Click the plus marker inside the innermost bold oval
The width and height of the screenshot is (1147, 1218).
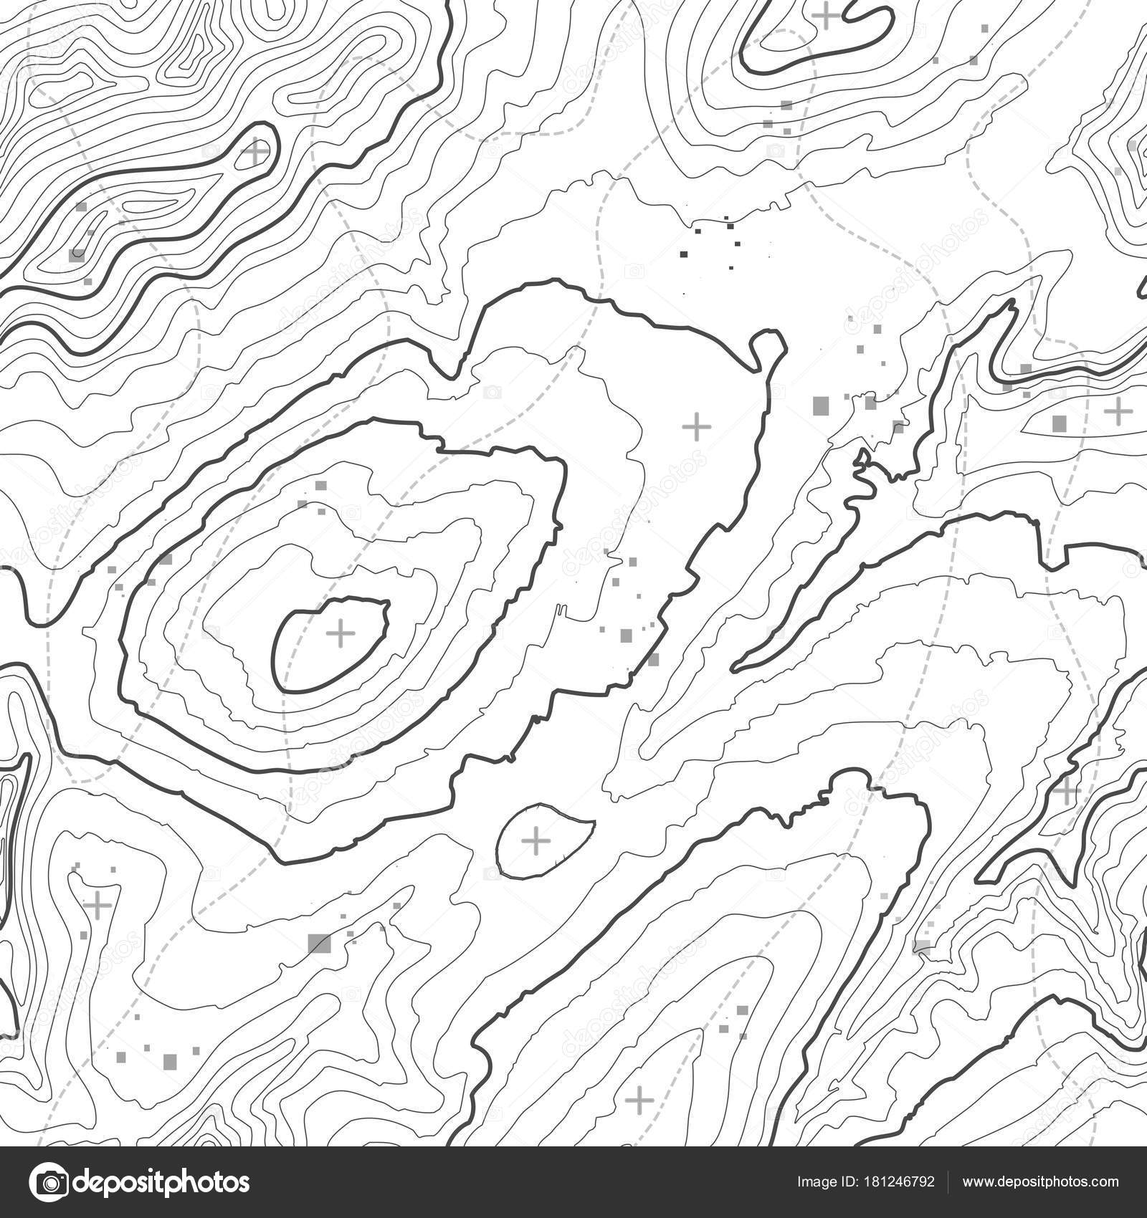341,633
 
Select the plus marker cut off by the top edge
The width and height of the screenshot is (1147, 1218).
826,14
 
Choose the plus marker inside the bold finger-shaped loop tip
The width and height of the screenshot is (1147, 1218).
254,152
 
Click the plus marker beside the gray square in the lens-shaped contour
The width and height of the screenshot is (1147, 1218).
1116,411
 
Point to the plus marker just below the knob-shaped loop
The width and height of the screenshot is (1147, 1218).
695,427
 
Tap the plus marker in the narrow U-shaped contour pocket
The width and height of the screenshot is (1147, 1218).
97,905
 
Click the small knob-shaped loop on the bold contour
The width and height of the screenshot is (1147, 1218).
767,347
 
